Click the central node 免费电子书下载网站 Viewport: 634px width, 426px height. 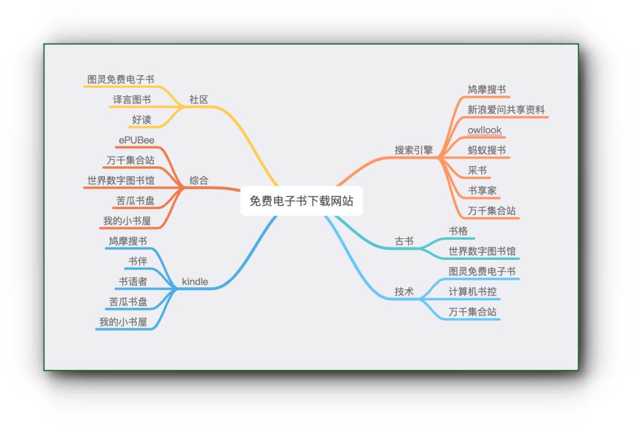[301, 201]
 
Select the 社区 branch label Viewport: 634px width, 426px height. [198, 100]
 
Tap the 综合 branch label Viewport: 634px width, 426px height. [198, 181]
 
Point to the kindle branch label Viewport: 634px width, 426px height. [195, 282]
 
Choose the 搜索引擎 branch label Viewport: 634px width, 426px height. [413, 150]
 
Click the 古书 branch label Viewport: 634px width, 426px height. [404, 241]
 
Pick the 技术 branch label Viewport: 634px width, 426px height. [404, 292]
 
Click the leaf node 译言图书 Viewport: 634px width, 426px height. [131, 100]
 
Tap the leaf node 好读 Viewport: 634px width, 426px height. [141, 120]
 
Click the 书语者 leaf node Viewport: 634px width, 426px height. [133, 282]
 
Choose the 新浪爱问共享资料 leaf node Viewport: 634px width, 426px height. [506, 110]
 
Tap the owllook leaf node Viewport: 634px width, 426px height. [484, 130]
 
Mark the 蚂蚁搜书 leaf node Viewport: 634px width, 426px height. [487, 150]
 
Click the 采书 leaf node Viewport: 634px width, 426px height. [477, 170]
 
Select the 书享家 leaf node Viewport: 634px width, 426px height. [482, 191]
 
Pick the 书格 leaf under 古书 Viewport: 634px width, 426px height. [458, 231]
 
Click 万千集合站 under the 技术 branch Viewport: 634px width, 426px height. [473, 312]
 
